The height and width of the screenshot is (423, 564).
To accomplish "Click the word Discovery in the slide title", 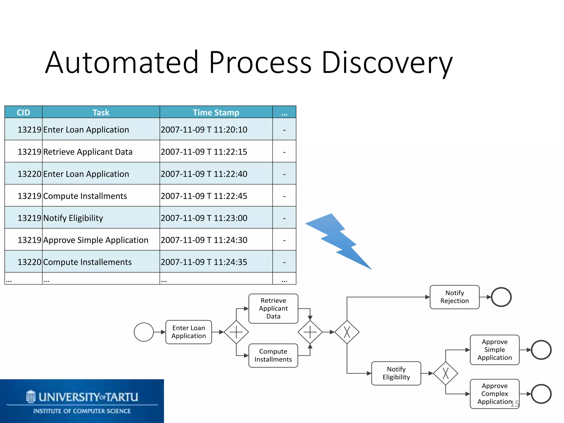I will pyautogui.click(x=387, y=63).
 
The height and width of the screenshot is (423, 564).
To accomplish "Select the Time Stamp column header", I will pyautogui.click(x=216, y=112).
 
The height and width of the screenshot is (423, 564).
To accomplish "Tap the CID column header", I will pyautogui.click(x=23, y=112).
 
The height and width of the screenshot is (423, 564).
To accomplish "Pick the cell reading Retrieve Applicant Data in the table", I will pyautogui.click(x=88, y=152).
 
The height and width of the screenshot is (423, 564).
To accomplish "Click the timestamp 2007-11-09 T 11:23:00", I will pyautogui.click(x=204, y=218).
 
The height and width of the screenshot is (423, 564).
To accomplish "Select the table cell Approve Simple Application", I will pyautogui.click(x=96, y=240).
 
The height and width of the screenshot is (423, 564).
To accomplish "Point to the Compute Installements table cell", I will pyautogui.click(x=88, y=262).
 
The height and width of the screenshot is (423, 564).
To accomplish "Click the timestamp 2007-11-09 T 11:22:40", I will pyautogui.click(x=204, y=174).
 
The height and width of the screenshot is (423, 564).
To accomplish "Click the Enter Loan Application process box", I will pyautogui.click(x=189, y=332).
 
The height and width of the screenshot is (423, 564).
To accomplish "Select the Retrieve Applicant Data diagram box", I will pyautogui.click(x=273, y=308).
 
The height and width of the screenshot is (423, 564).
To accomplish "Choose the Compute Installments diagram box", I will pyautogui.click(x=273, y=355).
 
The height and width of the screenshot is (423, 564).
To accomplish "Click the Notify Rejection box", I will pyautogui.click(x=454, y=297).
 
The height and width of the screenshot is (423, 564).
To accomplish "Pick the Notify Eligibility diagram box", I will pyautogui.click(x=396, y=373).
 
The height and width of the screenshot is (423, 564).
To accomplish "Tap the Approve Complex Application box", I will pyautogui.click(x=495, y=394).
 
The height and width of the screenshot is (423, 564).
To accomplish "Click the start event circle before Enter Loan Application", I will pyautogui.click(x=144, y=332).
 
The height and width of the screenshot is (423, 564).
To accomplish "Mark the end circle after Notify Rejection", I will pyautogui.click(x=501, y=297).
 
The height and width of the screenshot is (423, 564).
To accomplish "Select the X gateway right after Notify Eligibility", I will pyautogui.click(x=446, y=373).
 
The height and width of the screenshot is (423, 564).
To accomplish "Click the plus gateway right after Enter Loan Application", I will pyautogui.click(x=236, y=332).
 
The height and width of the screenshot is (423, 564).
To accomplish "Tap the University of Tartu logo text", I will pyautogui.click(x=88, y=397).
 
